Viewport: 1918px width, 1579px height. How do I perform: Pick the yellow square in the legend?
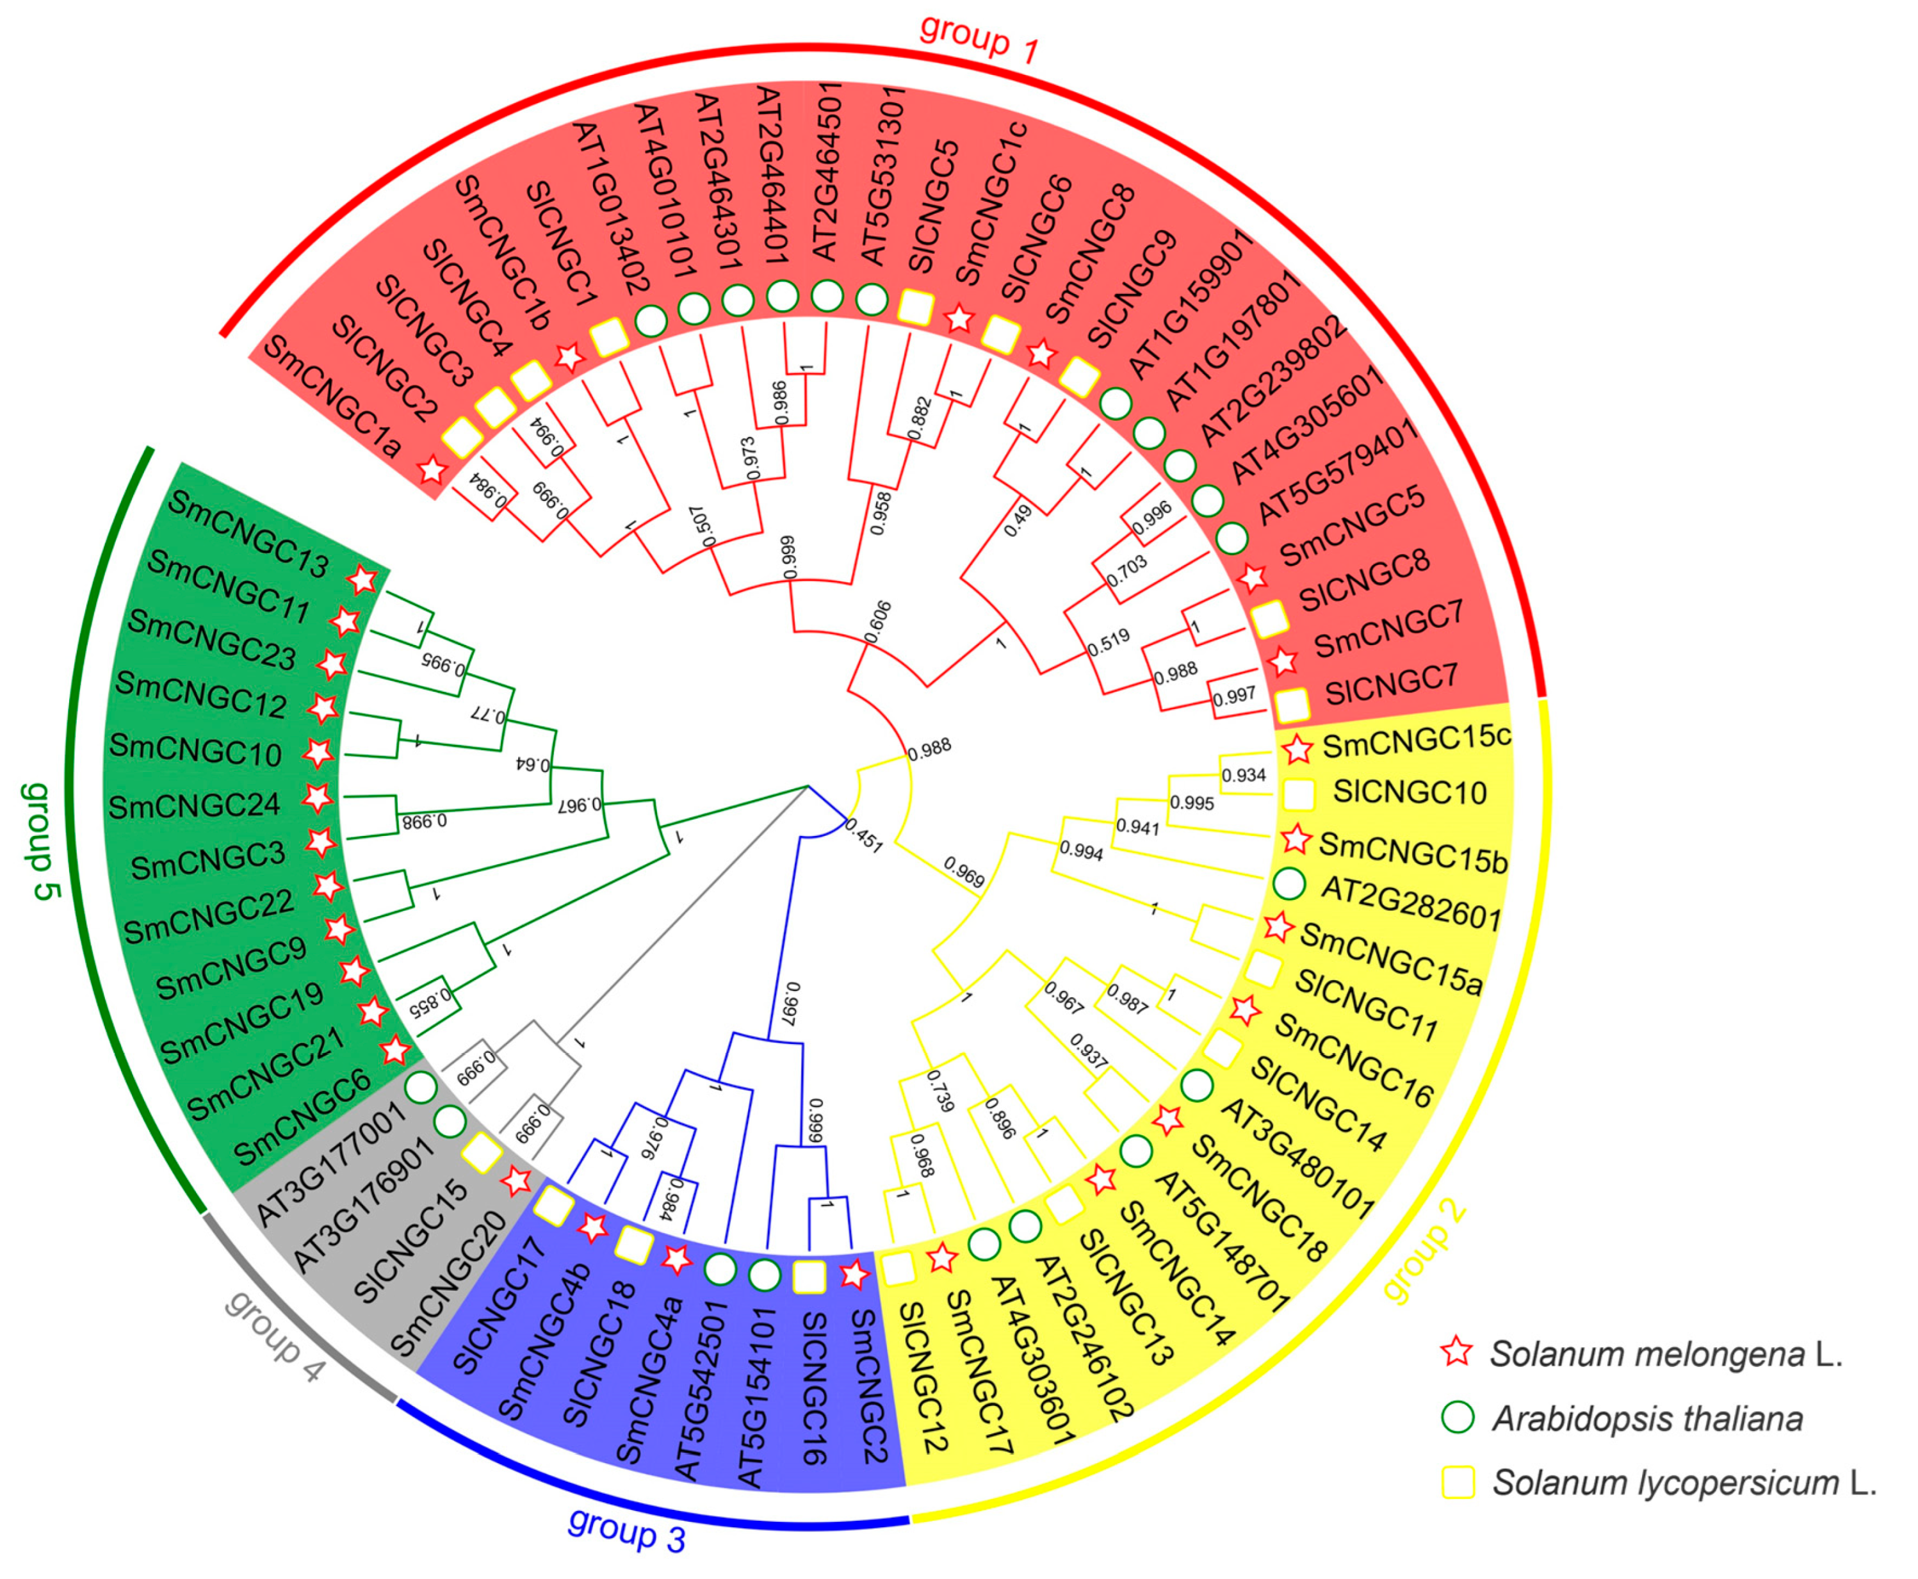click(x=1458, y=1482)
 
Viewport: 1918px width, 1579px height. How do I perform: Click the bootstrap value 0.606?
click(x=877, y=622)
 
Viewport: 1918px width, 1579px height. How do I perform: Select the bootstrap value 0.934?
click(x=1243, y=776)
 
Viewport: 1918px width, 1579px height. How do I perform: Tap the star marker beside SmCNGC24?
click(x=318, y=799)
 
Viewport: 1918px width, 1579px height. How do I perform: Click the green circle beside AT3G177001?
click(x=419, y=1085)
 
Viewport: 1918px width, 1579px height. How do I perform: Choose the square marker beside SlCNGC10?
click(x=1299, y=794)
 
